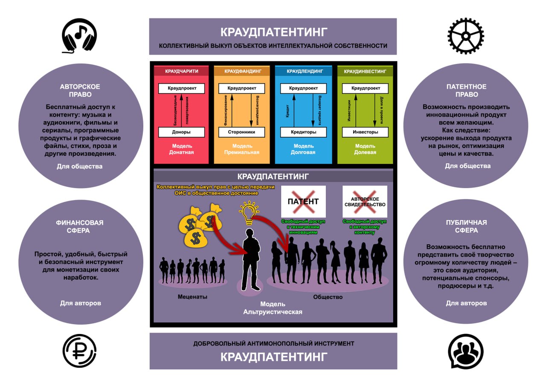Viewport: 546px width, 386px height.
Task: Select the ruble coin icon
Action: click(x=79, y=351)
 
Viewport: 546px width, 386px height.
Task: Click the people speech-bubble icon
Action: click(x=465, y=351)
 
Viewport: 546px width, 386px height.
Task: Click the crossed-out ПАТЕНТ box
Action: click(x=303, y=201)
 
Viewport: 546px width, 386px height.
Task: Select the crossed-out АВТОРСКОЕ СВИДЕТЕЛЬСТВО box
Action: click(x=365, y=201)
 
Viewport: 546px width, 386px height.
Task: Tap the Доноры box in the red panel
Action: click(x=181, y=132)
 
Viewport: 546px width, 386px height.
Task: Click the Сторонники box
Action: click(x=241, y=132)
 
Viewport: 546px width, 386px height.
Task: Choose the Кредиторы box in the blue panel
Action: click(x=303, y=132)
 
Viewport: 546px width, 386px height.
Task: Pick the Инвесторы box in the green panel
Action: click(x=365, y=132)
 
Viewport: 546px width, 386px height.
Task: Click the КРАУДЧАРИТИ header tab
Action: click(x=181, y=71)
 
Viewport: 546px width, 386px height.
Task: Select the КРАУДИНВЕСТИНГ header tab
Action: click(x=365, y=71)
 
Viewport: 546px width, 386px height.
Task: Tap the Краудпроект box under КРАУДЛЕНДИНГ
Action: click(x=303, y=88)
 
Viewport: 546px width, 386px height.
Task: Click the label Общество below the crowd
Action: click(x=328, y=297)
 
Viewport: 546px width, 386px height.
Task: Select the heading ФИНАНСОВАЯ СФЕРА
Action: click(x=80, y=226)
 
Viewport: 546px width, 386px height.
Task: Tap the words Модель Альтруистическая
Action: click(x=273, y=308)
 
